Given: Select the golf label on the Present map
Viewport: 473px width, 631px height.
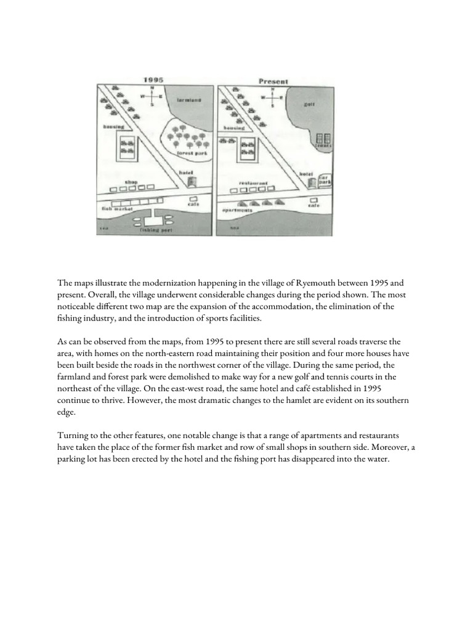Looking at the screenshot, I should (308, 105).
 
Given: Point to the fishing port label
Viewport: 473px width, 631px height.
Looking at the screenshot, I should (154, 230).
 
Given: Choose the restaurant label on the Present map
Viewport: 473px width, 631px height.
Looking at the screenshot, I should (254, 183).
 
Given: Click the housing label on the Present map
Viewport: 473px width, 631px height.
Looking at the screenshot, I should (233, 128).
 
